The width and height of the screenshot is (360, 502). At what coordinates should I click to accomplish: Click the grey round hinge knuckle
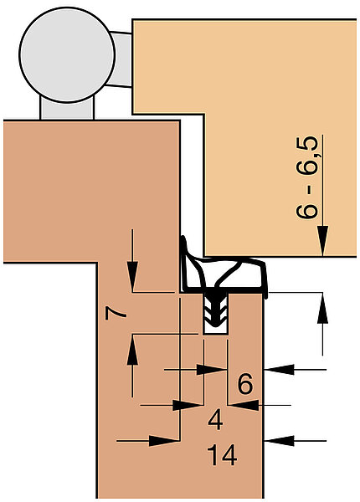pyautogui.click(x=67, y=54)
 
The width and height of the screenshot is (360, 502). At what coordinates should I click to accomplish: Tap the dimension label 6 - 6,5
pyautogui.click(x=307, y=177)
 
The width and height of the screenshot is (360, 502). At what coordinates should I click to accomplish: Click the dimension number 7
pyautogui.click(x=116, y=314)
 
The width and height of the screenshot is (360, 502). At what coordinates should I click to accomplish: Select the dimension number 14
pyautogui.click(x=222, y=454)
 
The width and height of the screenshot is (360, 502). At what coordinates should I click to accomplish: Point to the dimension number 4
pyautogui.click(x=215, y=420)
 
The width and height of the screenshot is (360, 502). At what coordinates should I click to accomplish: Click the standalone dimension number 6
pyautogui.click(x=245, y=384)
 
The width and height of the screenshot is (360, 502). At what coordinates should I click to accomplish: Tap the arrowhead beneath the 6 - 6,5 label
pyautogui.click(x=322, y=241)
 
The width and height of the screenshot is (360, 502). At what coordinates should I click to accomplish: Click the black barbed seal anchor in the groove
pyautogui.click(x=215, y=308)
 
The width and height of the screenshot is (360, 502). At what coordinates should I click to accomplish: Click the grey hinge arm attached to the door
pyautogui.click(x=121, y=59)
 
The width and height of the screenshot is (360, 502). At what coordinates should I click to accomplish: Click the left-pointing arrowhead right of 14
pyautogui.click(x=279, y=441)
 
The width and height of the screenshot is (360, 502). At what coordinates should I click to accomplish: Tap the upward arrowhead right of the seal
pyautogui.click(x=322, y=308)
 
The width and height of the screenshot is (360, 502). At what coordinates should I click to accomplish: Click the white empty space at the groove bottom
pyautogui.click(x=216, y=330)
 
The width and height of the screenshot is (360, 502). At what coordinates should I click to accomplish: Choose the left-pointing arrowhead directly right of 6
pyautogui.click(x=279, y=370)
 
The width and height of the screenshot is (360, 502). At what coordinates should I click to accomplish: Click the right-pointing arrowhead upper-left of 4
pyautogui.click(x=188, y=406)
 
